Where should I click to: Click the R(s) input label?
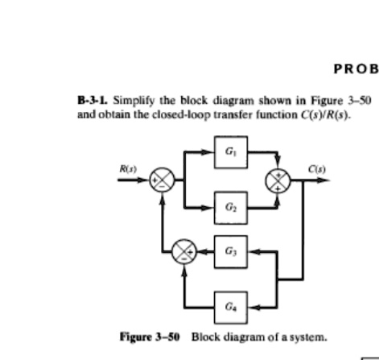point(127,168)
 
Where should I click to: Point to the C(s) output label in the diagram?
point(315,168)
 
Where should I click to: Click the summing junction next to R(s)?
point(163,181)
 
